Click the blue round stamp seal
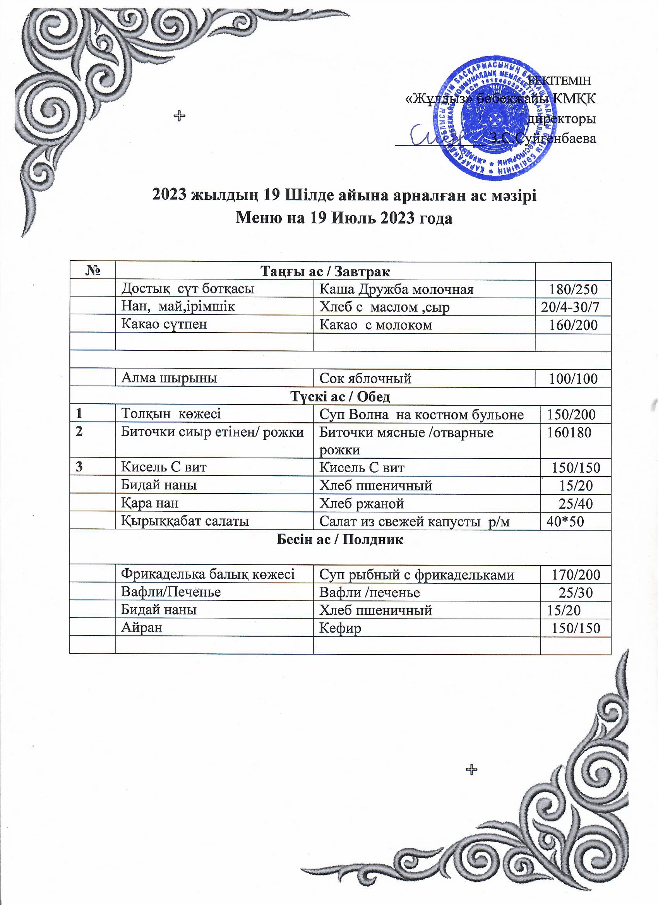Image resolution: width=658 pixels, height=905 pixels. [494, 119]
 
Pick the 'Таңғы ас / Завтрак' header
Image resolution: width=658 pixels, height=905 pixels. [325, 271]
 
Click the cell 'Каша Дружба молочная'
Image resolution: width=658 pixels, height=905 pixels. [396, 289]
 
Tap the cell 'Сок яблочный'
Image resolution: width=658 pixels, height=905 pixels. [365, 378]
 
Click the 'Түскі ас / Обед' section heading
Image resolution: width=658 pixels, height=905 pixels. [340, 396]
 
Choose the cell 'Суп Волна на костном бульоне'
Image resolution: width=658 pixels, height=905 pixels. [422, 415]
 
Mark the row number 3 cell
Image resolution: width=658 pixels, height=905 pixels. [80, 467]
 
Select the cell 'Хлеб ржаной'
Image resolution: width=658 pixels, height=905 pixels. [362, 504]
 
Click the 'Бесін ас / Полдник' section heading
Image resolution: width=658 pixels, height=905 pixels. [340, 540]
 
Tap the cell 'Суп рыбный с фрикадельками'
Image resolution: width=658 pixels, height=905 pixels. [416, 574]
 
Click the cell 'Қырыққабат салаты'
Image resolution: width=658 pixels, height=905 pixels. [185, 521]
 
